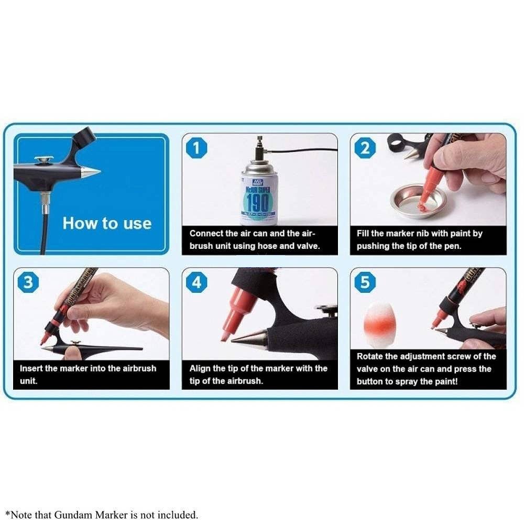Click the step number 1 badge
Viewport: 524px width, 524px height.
click(196, 148)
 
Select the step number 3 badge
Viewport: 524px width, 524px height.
click(28, 283)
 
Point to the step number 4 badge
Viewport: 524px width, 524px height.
click(196, 283)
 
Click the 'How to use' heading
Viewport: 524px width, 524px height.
click(107, 223)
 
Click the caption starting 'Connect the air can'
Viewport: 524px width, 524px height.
click(259, 239)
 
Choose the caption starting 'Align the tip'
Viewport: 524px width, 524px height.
click(259, 374)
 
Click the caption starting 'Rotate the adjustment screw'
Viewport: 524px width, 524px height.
click(427, 369)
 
